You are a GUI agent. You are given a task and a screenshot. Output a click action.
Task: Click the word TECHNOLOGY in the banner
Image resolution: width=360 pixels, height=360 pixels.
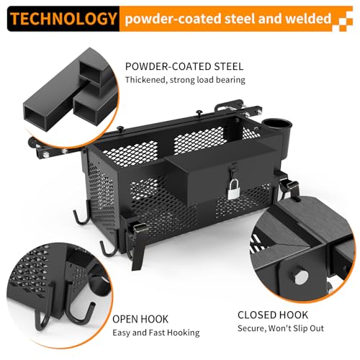tap(63, 19)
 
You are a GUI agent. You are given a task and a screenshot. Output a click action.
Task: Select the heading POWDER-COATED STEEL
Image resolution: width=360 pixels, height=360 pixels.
tap(184, 66)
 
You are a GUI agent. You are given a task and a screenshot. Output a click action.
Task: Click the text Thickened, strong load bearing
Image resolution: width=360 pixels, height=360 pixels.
tap(185, 80)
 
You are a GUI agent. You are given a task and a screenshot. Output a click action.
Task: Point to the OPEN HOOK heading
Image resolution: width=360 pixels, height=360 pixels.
tap(140, 319)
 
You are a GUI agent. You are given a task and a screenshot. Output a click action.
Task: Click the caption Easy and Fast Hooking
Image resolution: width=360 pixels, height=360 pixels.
tap(156, 333)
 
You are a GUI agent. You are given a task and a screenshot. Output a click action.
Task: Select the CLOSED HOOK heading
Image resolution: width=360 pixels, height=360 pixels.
tap(273, 315)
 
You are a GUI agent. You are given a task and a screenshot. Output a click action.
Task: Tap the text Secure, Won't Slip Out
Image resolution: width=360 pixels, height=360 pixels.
tap(281, 328)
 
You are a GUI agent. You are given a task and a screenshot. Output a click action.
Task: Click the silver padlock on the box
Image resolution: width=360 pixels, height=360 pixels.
tap(233, 189)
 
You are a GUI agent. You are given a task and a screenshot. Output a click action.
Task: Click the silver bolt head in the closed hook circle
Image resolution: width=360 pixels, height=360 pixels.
tap(302, 277)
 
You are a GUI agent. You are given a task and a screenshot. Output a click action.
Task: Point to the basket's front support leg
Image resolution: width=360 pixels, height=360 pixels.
tap(138, 254)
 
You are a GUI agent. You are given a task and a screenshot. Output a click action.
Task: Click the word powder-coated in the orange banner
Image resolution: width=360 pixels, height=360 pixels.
tap(173, 19)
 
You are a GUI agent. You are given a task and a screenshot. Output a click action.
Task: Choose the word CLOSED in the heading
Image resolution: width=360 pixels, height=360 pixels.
tap(255, 315)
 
